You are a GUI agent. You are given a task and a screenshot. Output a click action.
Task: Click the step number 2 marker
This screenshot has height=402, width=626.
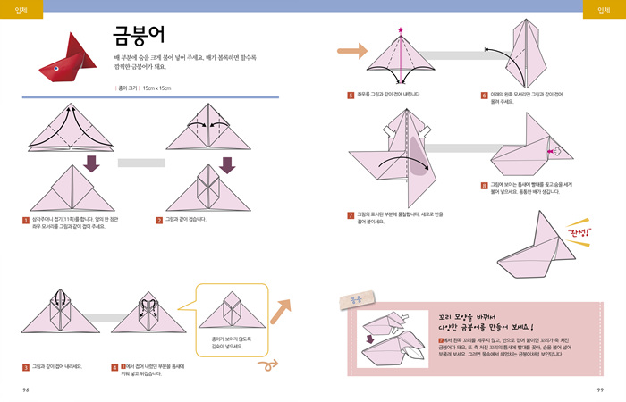click(158, 219)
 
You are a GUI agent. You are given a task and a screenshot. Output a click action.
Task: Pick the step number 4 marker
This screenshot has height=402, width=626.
click(114, 366)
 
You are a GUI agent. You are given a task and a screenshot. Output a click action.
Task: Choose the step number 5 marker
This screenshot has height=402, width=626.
click(351, 94)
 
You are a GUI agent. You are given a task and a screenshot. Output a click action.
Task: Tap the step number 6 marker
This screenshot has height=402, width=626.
click(484, 94)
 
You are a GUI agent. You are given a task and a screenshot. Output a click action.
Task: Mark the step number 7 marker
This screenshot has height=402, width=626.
click(351, 215)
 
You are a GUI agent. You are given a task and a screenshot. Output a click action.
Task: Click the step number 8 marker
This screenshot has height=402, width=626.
click(484, 186)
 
